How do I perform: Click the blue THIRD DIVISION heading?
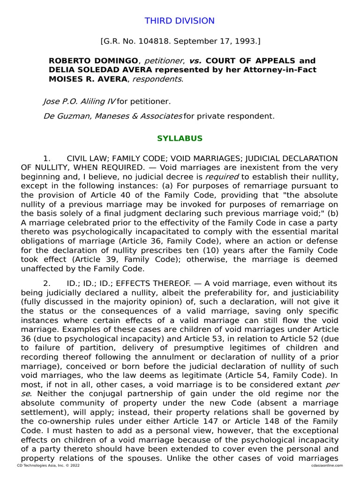[180, 21]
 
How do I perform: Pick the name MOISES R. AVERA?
[88, 79]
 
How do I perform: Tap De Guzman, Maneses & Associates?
[112, 116]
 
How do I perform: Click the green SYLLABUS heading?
[180, 138]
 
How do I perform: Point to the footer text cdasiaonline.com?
[327, 465]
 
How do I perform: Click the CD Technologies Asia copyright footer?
[48, 465]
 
